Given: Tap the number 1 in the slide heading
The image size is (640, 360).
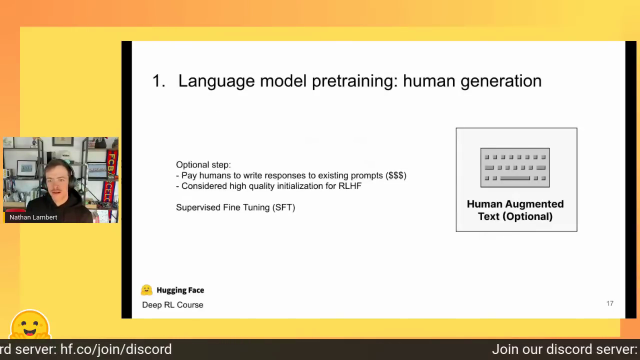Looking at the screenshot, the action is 156,81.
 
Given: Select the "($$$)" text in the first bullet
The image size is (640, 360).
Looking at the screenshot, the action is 395,175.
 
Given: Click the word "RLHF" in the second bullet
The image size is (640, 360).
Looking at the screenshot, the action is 350,186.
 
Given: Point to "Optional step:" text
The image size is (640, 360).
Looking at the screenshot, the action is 203,165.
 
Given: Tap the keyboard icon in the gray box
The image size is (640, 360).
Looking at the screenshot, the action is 515,167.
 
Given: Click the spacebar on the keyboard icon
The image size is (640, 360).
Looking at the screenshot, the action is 515,178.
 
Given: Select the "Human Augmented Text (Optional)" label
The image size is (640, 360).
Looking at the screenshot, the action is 515,210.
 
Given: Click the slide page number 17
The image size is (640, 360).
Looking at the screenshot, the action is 609,303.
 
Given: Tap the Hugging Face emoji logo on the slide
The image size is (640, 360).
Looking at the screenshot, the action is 146,290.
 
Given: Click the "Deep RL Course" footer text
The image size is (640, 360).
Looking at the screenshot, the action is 172,305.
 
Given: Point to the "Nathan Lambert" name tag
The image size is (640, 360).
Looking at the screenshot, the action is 33,217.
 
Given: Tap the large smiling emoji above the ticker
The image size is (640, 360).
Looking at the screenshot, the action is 30,324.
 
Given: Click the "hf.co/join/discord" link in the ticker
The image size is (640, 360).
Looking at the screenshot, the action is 116,349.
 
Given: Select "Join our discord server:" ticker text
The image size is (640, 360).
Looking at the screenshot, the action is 564,349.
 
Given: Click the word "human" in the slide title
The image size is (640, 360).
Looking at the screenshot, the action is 429,81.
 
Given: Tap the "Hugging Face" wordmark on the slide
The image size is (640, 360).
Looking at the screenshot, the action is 180,290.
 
